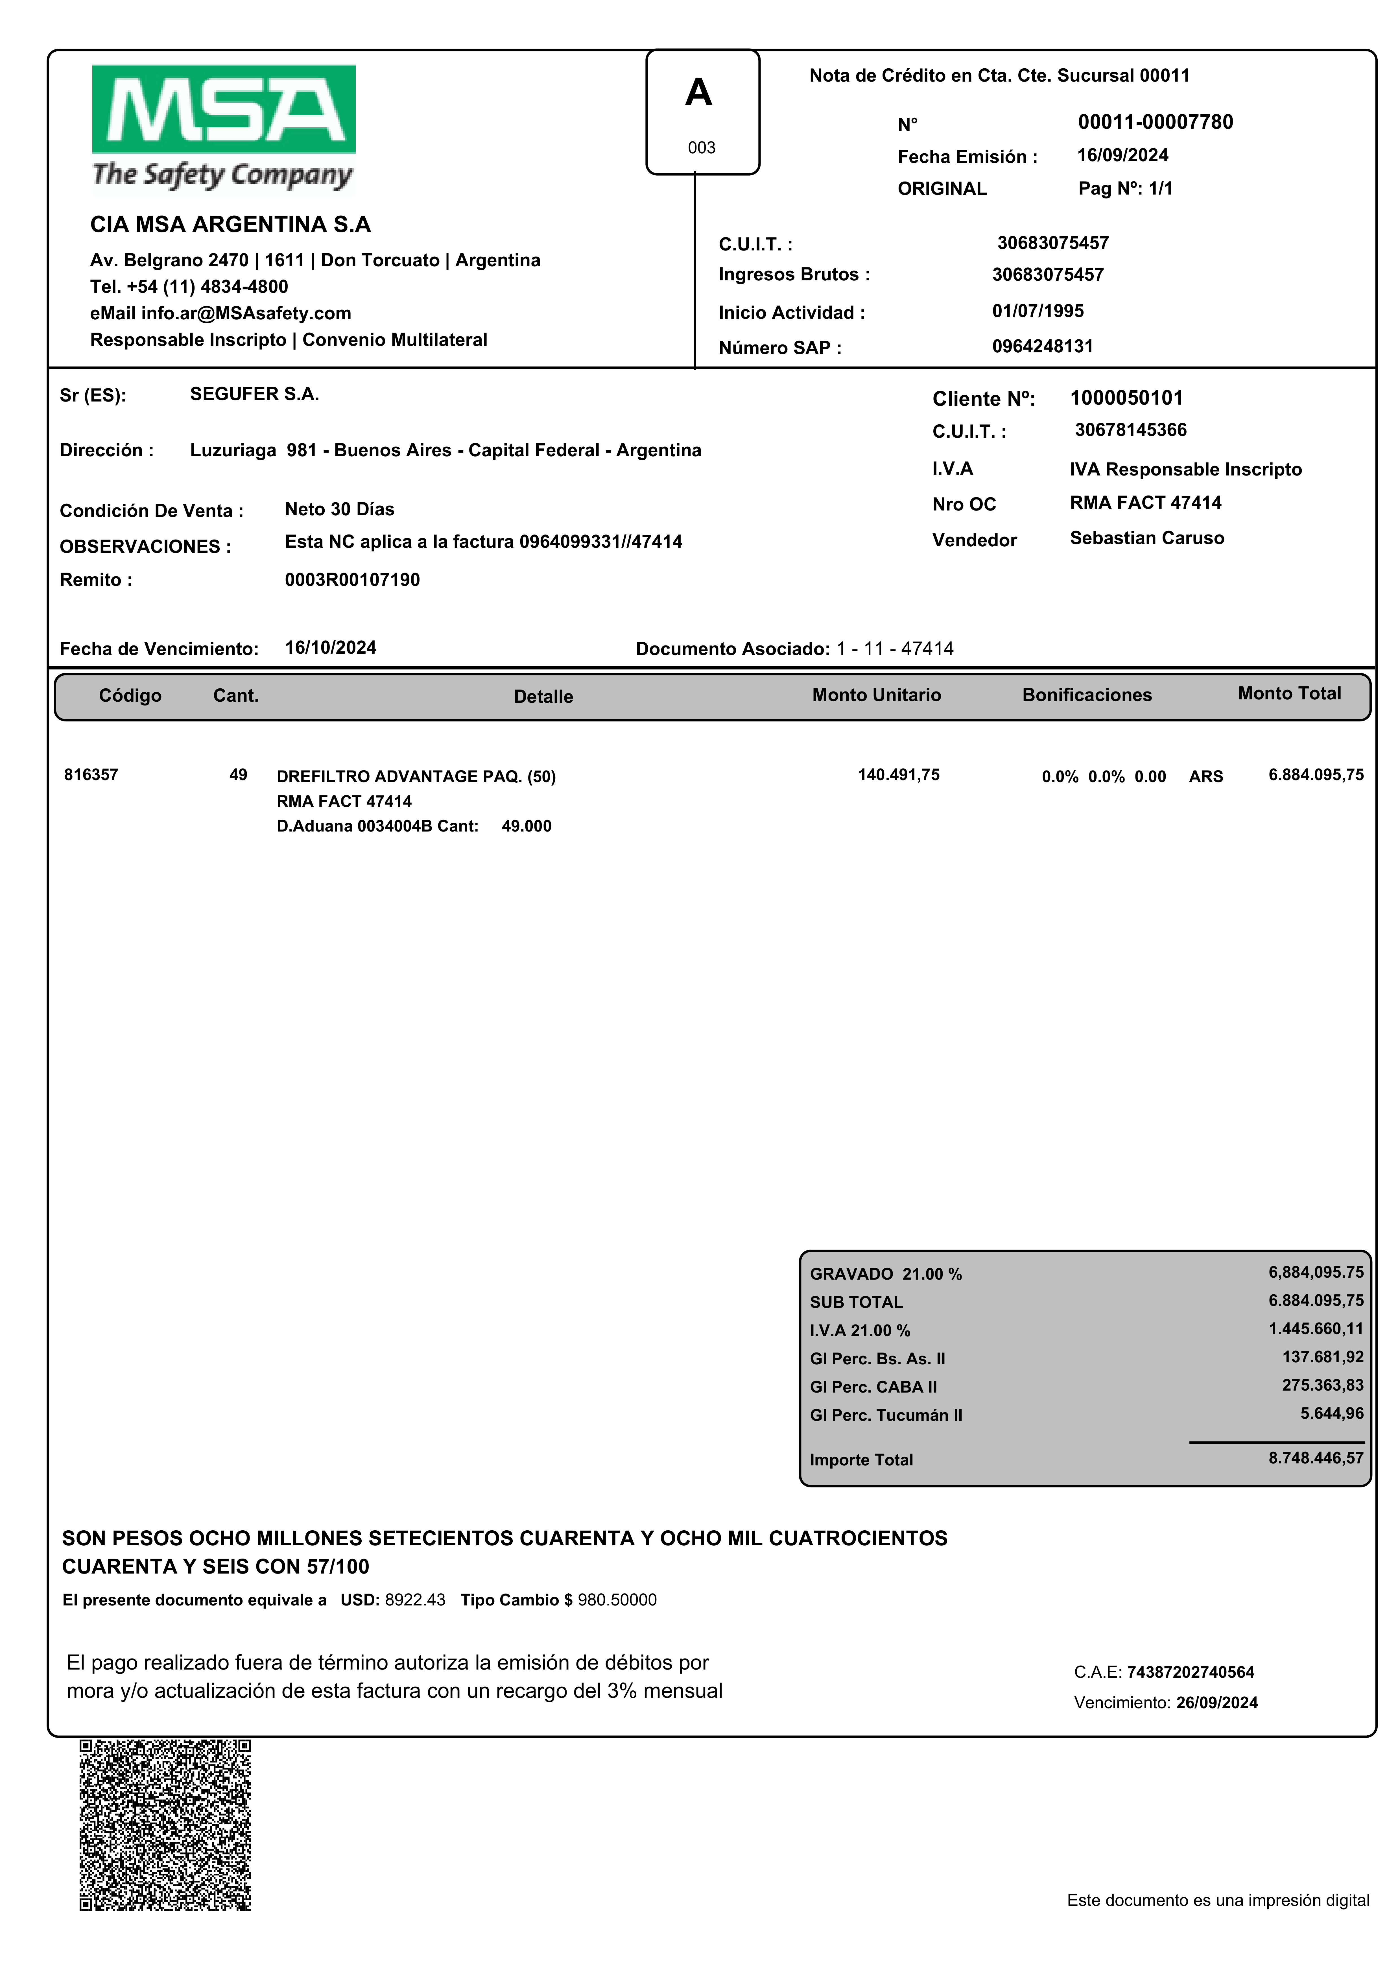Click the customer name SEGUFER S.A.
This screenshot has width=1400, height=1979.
tap(254, 394)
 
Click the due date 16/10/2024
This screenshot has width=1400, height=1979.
tap(330, 647)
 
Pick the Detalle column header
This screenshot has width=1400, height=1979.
tap(543, 697)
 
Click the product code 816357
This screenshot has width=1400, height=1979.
tap(91, 775)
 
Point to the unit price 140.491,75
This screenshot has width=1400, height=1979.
tap(898, 775)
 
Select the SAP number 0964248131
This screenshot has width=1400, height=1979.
tap(1042, 346)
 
